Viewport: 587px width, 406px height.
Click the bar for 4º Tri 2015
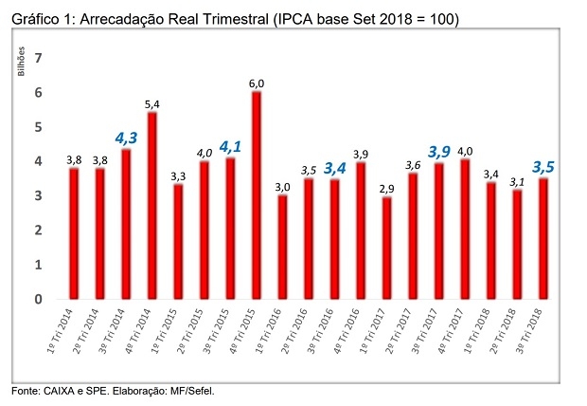pos(256,194)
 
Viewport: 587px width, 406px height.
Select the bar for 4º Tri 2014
pos(152,205)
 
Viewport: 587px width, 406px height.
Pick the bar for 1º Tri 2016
pos(281,247)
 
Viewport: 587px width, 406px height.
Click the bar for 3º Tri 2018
pos(543,238)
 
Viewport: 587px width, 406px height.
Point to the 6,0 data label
pos(256,83)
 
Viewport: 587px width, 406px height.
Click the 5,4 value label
pos(151,103)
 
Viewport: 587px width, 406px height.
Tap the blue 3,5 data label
pos(543,167)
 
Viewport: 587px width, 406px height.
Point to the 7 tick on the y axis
pos(39,59)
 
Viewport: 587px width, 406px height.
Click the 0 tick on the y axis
pos(39,299)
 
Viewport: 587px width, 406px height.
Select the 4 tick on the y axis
pos(39,162)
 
